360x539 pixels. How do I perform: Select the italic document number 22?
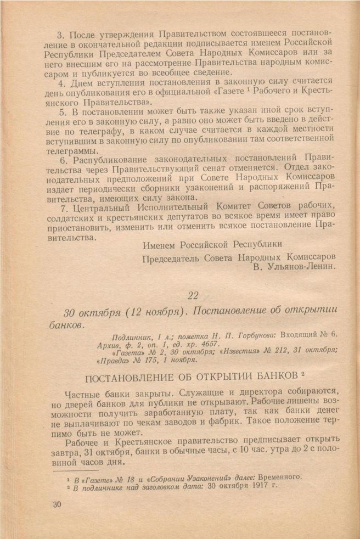(193, 295)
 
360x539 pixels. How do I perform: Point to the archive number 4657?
(176, 344)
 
